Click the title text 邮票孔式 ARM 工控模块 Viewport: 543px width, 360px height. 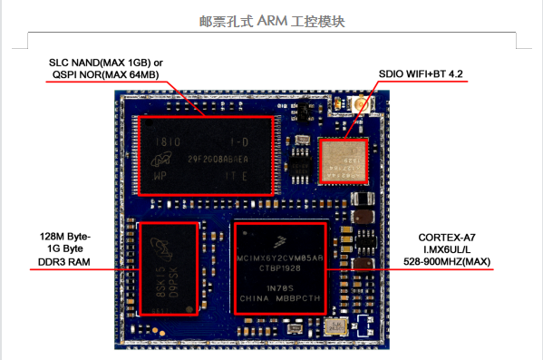[x=272, y=20]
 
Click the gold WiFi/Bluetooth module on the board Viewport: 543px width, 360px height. [x=343, y=161]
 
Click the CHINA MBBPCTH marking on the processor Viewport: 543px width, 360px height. [x=281, y=298]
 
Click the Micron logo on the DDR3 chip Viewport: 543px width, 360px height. [x=160, y=244]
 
